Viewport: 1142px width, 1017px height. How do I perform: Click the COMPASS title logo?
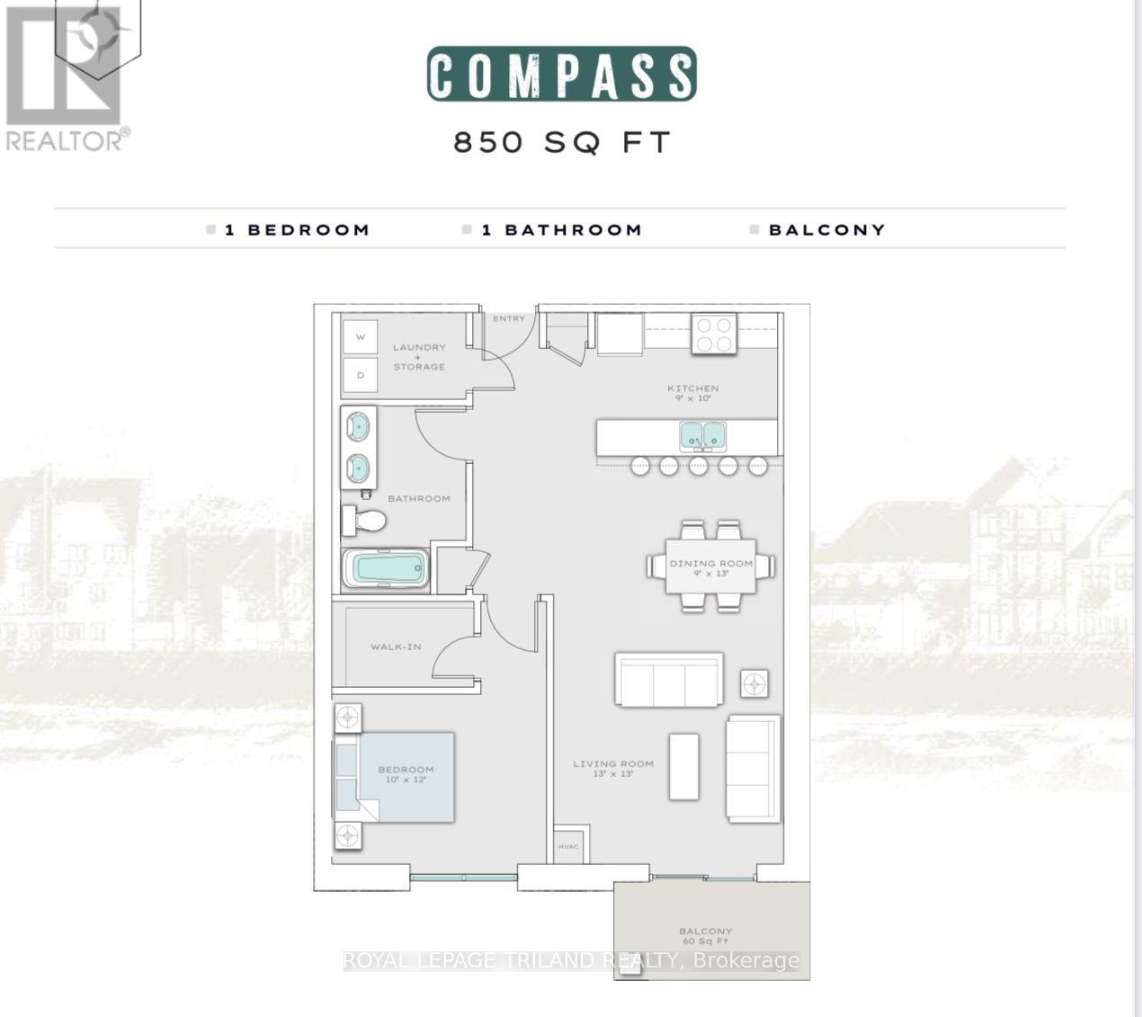[561, 74]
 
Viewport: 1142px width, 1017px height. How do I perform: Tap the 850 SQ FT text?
[562, 142]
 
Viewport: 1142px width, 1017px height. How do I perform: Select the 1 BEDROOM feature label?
[297, 230]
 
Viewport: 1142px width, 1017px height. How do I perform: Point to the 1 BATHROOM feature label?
[561, 230]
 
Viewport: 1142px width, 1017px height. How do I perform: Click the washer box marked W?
[361, 337]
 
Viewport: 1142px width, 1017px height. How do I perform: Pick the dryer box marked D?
[361, 375]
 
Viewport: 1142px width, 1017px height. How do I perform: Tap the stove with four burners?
[713, 335]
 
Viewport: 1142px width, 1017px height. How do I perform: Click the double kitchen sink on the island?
[702, 436]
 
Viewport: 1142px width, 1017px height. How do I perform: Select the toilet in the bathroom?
[364, 520]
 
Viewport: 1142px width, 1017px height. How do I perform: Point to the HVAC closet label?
[567, 847]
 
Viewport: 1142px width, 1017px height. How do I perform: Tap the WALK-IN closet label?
[396, 647]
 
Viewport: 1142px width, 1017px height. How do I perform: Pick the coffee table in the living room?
[683, 766]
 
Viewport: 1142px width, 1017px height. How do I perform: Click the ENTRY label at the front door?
[509, 318]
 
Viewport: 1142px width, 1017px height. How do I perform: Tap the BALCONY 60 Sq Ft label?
[706, 936]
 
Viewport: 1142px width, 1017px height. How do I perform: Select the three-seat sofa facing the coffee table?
[669, 680]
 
